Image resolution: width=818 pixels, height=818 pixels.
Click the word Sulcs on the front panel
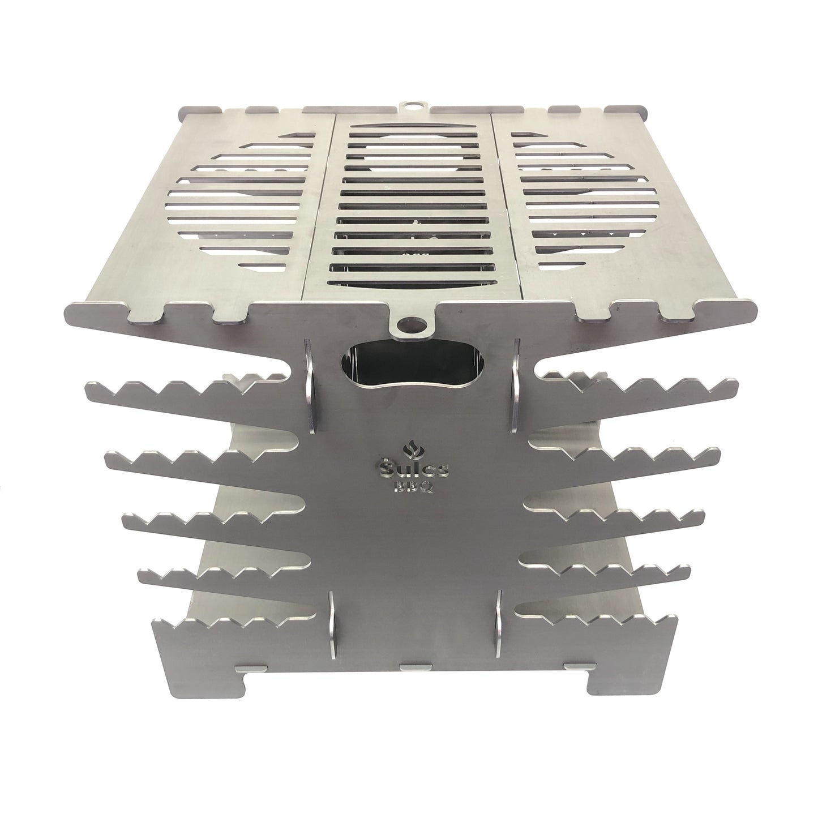click(412, 469)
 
